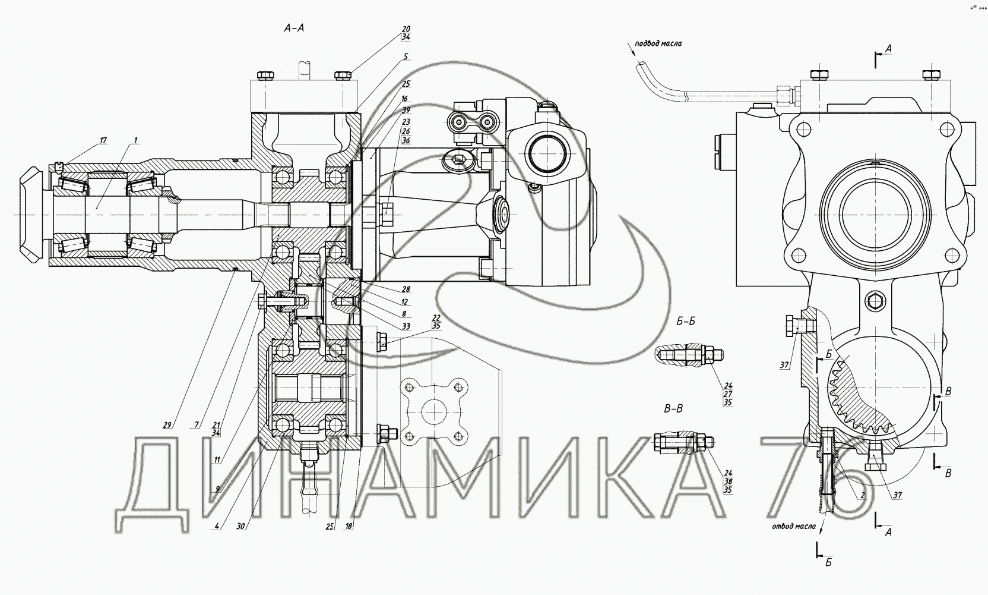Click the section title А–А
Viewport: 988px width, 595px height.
(x=294, y=29)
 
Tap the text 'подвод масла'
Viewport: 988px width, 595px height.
(x=658, y=43)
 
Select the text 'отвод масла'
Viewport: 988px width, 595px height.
(x=793, y=526)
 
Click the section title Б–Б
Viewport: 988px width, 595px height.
(x=686, y=322)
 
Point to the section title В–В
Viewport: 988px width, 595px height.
(x=673, y=409)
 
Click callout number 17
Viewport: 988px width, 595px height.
(x=103, y=140)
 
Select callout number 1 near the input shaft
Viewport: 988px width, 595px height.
(x=135, y=140)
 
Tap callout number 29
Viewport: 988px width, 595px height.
(x=167, y=425)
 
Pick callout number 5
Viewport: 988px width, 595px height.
(x=406, y=56)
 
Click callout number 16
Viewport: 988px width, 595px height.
(x=404, y=99)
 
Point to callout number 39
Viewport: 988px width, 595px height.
(x=406, y=110)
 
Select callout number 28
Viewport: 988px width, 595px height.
(x=406, y=289)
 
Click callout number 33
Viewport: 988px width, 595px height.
(x=406, y=326)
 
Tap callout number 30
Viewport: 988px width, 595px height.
(x=240, y=526)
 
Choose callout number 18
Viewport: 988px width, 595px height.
(x=349, y=526)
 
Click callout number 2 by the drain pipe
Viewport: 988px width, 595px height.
(x=862, y=495)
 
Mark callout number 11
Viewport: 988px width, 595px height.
(x=217, y=460)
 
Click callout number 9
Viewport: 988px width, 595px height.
(x=217, y=489)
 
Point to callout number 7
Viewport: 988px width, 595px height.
(x=197, y=425)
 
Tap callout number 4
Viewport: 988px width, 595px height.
(x=217, y=526)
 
